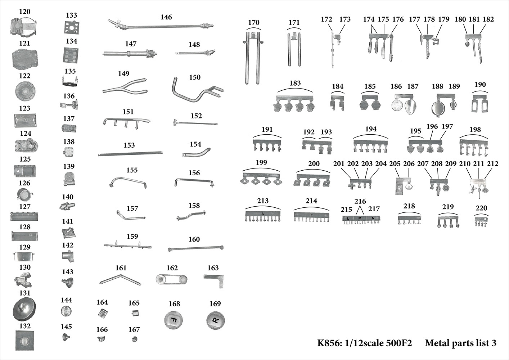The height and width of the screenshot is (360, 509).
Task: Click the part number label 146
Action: point(166,17)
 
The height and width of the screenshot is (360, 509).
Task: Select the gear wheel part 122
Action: point(24,91)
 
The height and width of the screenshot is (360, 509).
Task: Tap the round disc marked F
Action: point(174,320)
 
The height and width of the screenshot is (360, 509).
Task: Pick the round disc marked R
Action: point(215,320)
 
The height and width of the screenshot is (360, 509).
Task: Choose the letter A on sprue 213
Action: point(263,214)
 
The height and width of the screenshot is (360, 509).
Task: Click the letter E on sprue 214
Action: point(311,215)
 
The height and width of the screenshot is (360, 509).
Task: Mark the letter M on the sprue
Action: point(360,218)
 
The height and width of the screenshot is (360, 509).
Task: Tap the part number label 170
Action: point(253,22)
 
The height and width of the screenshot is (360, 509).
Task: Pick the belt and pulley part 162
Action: point(172,279)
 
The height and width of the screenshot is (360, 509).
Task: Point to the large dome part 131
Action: point(24,309)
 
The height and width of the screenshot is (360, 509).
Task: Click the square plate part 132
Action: point(25,340)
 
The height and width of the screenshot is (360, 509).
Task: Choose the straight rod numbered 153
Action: point(130,154)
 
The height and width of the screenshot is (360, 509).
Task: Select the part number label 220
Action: point(481,208)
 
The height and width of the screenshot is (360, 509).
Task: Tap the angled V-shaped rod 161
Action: point(120,279)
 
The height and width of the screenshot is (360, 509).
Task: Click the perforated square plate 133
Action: point(72,28)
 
